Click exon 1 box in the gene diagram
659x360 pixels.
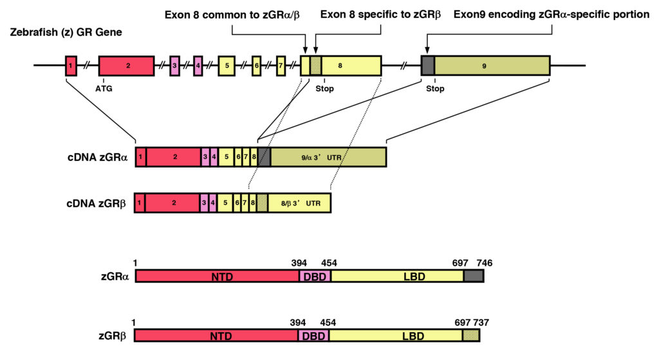70,66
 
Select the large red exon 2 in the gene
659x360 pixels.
126,66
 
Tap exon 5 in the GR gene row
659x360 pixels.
227,66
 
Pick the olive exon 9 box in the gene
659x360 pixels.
492,66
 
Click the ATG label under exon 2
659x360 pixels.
104,89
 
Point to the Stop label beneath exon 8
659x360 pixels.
325,89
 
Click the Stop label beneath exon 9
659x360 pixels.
435,89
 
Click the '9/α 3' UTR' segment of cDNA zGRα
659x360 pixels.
328,157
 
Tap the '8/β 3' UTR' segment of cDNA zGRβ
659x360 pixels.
299,203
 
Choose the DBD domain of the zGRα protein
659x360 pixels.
315,276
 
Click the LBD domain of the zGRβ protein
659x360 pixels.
395,335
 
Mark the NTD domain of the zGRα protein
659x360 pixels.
217,276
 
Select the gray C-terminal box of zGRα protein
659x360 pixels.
474,276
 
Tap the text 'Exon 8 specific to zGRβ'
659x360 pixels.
380,14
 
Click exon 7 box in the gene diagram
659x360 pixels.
281,66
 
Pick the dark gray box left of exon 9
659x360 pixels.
427,66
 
